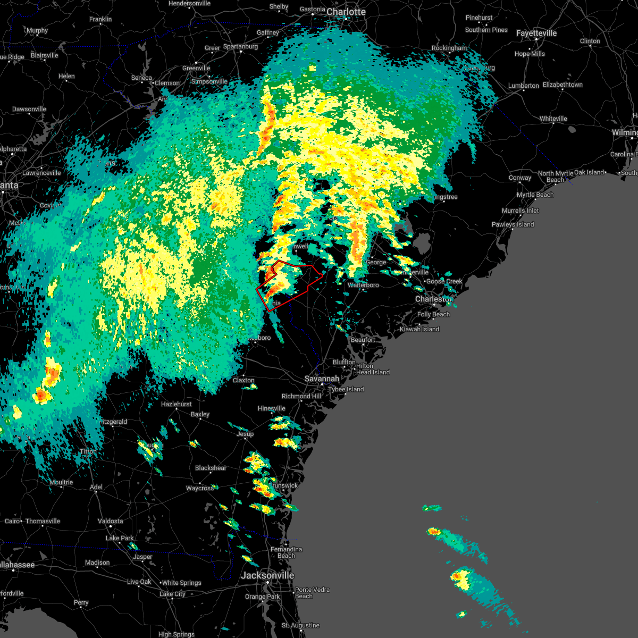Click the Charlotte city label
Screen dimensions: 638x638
(x=346, y=12)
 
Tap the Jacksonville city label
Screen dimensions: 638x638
(x=267, y=575)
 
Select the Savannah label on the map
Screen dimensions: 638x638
(x=322, y=379)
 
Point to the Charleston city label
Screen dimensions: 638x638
(x=434, y=299)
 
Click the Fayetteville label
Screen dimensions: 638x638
(x=536, y=33)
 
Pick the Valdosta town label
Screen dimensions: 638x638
(x=110, y=521)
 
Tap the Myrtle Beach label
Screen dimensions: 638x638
(x=535, y=195)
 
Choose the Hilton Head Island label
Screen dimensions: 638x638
(x=373, y=369)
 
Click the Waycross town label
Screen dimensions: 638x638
(x=199, y=488)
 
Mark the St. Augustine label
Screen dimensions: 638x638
(x=300, y=625)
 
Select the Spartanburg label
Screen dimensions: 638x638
(x=240, y=46)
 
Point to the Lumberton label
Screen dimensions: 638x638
(x=523, y=86)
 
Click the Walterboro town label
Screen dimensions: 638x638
(x=363, y=285)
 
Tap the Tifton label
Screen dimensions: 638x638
(x=88, y=451)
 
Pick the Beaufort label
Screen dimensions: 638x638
(x=363, y=340)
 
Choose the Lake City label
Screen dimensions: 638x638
(x=172, y=594)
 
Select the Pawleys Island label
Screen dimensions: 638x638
(x=513, y=224)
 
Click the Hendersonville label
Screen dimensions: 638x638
(x=189, y=3)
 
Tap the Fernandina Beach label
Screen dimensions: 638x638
(x=286, y=552)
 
